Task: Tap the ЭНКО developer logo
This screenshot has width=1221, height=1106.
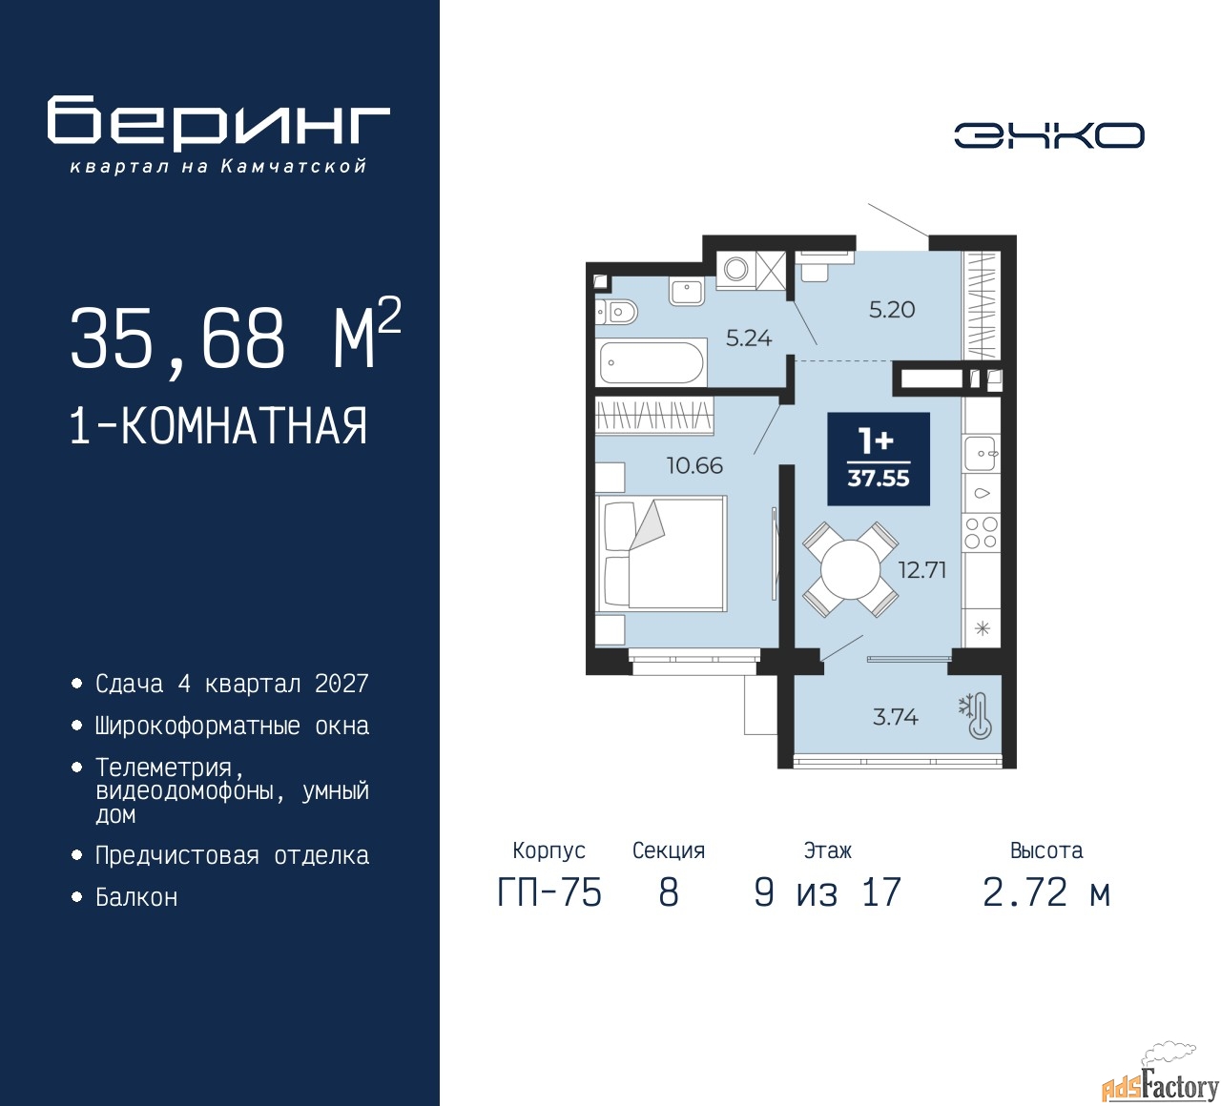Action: pos(1048,135)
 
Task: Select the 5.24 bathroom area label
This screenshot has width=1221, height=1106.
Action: pos(749,338)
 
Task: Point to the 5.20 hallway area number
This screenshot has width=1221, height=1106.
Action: pos(892,310)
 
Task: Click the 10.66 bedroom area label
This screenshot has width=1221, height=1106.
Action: pos(694,466)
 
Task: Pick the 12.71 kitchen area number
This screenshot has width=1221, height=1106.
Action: pos(922,570)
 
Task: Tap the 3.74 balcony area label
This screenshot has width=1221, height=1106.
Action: pos(896,717)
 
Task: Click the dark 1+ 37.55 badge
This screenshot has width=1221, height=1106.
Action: pos(879,459)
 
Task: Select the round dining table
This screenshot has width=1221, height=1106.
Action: pos(850,569)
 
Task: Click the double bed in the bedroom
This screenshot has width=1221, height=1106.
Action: pos(661,553)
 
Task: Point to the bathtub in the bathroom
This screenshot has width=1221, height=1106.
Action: pos(652,362)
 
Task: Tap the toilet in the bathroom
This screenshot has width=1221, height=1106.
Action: pos(615,313)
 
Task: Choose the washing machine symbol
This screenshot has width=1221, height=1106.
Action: pos(735,268)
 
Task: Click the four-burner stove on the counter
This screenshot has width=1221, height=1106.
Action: pos(982,532)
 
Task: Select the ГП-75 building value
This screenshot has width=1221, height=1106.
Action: pos(549,892)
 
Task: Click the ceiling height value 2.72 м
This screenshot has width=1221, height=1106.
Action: pos(1046,892)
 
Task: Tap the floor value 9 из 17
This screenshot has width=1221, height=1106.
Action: pos(827,892)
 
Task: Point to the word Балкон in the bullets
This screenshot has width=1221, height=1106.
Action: pos(136,897)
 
